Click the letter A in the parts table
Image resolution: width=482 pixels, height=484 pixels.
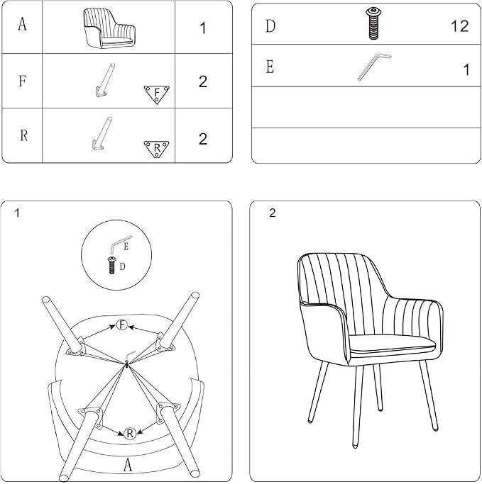tap(22, 24)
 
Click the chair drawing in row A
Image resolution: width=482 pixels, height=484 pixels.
tap(109, 28)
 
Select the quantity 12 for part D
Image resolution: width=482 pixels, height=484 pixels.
tap(459, 26)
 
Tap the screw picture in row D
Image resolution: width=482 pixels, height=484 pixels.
tap(373, 24)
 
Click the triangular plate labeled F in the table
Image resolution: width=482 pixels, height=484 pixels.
tap(157, 94)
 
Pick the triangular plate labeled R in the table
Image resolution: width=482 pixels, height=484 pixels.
tap(156, 149)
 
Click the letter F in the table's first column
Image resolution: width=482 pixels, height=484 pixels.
tap(22, 81)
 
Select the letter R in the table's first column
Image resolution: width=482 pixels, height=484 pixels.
tap(23, 135)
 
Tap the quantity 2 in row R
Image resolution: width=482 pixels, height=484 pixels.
tap(203, 139)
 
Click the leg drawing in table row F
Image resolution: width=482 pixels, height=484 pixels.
tap(105, 80)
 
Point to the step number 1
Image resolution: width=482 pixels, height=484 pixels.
tap(17, 213)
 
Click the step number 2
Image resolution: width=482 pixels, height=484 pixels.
tap(272, 213)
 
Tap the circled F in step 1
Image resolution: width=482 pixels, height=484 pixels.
tap(122, 325)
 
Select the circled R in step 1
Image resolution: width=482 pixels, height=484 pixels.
tap(130, 434)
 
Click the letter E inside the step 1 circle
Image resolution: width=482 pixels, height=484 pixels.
tap(126, 247)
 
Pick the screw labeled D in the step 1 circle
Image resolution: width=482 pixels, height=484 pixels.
tap(111, 265)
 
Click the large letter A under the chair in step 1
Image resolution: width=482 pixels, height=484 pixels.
tap(127, 465)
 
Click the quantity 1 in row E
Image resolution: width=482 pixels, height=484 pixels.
tap(466, 69)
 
